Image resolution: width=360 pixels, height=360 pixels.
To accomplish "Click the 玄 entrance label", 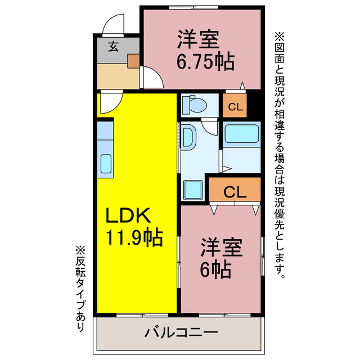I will tap(114, 47).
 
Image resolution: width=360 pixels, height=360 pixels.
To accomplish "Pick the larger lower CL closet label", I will tap(235, 192).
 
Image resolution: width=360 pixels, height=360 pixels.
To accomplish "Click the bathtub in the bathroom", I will tap(241, 135).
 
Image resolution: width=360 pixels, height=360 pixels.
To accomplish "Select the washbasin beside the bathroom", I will tap(188, 138).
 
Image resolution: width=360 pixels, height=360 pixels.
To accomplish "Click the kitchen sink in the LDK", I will tap(106, 163).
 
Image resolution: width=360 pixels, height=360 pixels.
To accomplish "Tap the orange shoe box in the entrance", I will tap(133, 60).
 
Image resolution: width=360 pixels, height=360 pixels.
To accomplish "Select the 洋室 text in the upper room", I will tap(199, 40).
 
